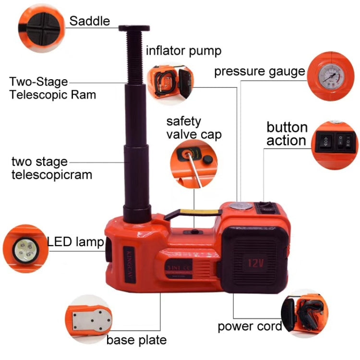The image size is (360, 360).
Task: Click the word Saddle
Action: (90, 21)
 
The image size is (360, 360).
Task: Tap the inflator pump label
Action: (183, 50)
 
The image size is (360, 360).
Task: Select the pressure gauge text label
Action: (259, 72)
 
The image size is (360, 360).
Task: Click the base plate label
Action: (136, 340)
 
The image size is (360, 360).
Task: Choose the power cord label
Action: (250, 326)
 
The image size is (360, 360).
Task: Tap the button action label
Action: (287, 134)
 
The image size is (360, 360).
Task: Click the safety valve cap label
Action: (193, 127)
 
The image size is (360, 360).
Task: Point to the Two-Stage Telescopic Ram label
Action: (52, 88)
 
